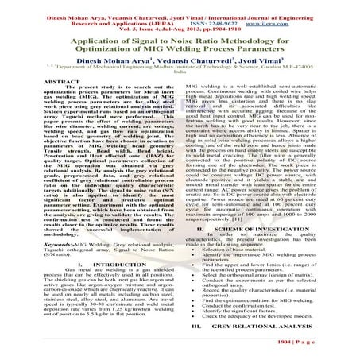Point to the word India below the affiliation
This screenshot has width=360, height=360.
[179, 97]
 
